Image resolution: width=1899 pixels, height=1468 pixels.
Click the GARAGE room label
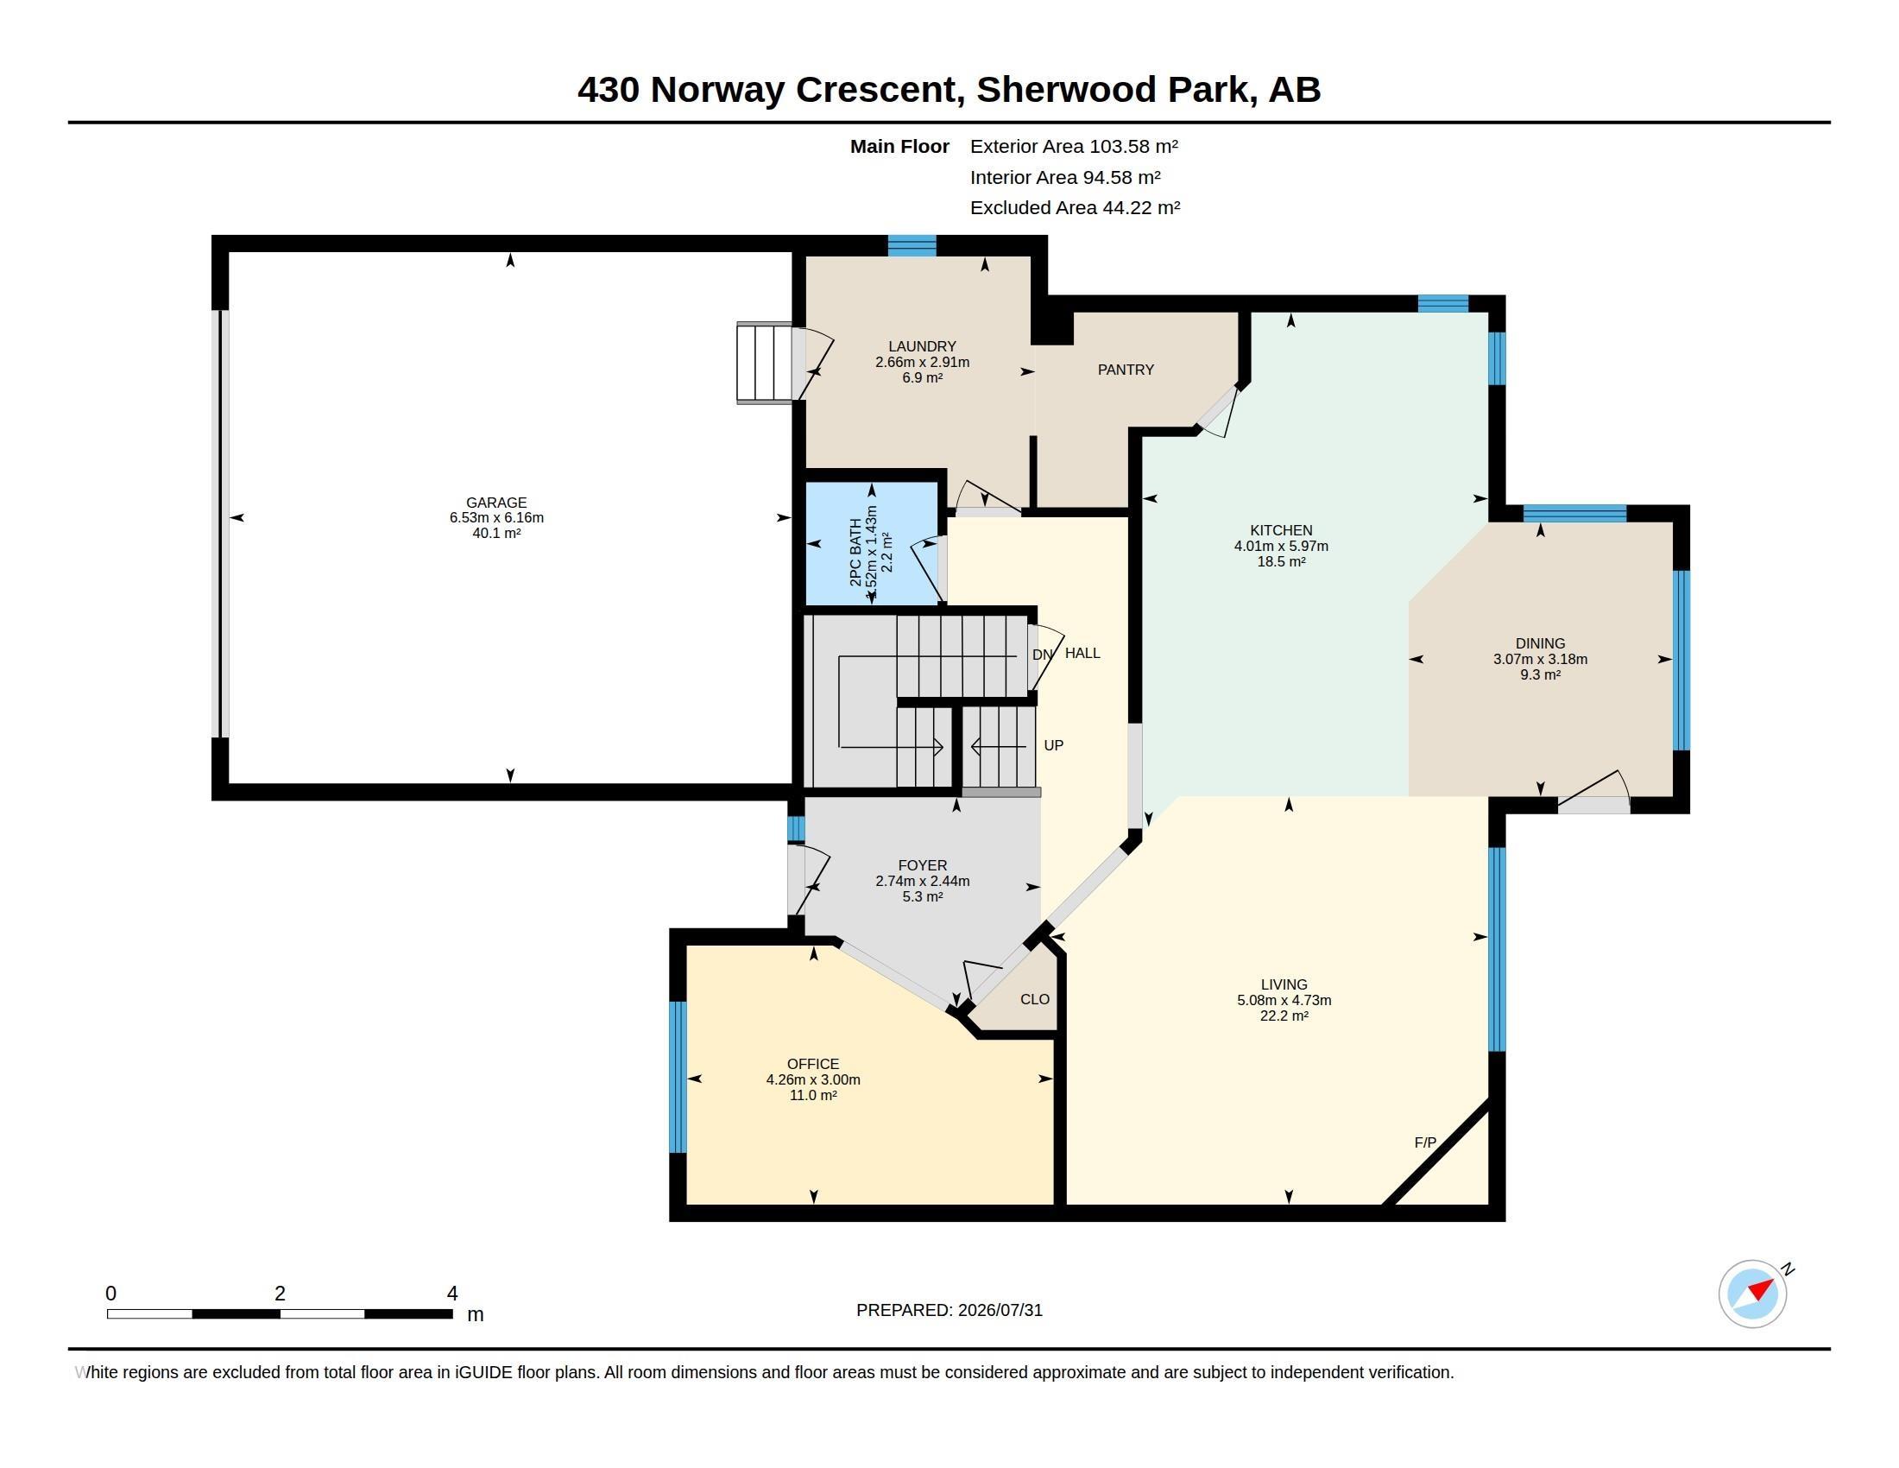pos(496,503)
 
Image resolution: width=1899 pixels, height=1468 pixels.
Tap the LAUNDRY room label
pos(922,346)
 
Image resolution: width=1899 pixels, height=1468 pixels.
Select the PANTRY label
pos(1125,370)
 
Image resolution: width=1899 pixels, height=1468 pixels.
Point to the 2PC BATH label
pos(855,553)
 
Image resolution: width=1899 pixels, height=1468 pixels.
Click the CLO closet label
pos(1035,999)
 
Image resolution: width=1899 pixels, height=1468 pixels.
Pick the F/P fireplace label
pos(1425,1142)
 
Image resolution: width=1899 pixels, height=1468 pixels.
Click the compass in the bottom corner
pos(1753,1294)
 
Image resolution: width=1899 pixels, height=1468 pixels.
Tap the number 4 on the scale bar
pos(452,1294)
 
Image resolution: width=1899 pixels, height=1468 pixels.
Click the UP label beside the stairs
pos(1053,745)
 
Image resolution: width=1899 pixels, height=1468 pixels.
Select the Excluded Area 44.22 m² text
pos(1075,208)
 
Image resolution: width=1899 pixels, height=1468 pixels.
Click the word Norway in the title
pos(717,90)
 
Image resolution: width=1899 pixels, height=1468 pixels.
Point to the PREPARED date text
pos(949,1310)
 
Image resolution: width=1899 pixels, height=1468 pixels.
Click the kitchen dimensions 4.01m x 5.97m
pos(1281,546)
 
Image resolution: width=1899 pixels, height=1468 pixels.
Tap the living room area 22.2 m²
pos(1284,1016)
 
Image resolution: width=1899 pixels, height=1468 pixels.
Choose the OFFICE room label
pos(813,1064)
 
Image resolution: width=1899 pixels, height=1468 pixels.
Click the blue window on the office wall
pos(678,1077)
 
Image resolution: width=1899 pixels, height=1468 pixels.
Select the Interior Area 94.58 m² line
pos(1065,177)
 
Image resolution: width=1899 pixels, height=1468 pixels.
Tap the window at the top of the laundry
pos(912,245)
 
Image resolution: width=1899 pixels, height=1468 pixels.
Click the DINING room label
pos(1540,643)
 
